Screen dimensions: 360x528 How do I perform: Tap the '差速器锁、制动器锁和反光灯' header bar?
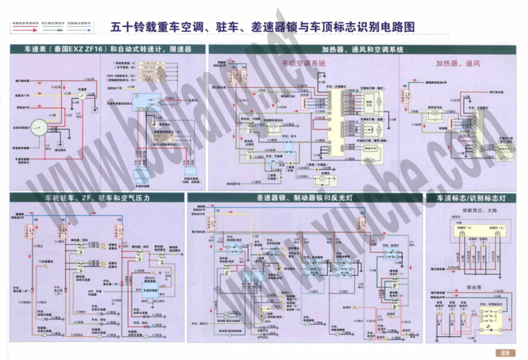[304, 197]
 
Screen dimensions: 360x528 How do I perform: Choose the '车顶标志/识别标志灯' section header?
[471, 197]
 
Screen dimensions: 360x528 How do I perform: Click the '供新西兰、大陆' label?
[472, 210]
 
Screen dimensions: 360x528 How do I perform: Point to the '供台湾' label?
[472, 286]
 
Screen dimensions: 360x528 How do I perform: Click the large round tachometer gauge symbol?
[38, 127]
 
